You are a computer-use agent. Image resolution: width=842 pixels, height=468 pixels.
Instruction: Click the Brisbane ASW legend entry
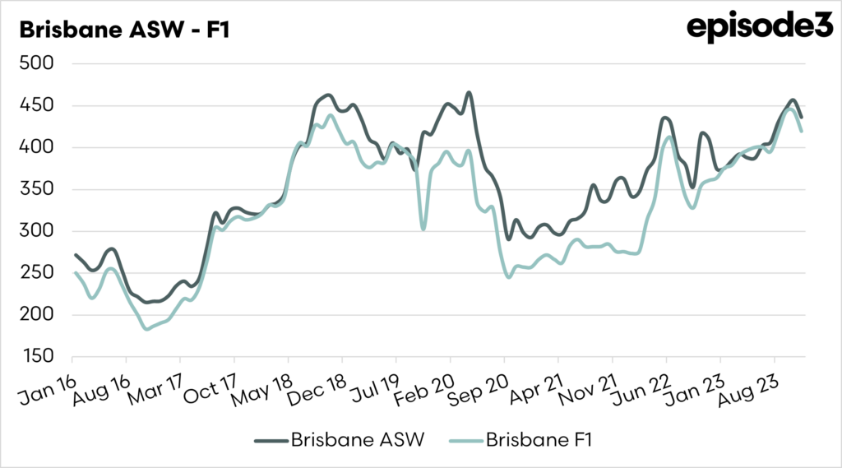[345, 440]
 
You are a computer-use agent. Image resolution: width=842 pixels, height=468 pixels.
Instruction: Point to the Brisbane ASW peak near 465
[469, 92]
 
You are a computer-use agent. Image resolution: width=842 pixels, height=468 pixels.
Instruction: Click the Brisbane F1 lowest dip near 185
[147, 329]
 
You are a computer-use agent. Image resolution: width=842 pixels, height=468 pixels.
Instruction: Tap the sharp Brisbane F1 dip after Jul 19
[423, 229]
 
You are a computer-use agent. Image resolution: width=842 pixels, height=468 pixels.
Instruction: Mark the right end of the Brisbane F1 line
[802, 131]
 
